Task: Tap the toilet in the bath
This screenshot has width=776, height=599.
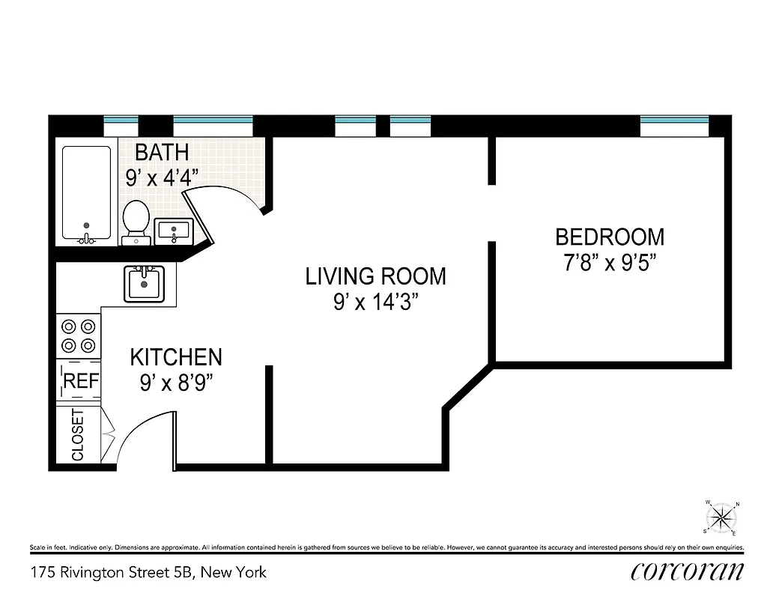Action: point(136,220)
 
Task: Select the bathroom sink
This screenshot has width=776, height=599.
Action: point(174,231)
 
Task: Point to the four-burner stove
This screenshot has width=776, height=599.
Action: point(79,335)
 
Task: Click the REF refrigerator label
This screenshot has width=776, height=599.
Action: point(80,380)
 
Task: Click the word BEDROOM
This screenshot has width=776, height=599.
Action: point(609,237)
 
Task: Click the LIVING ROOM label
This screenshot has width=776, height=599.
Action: point(375,276)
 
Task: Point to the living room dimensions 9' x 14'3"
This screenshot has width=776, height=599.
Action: point(375,303)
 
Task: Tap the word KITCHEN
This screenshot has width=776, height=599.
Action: point(176,356)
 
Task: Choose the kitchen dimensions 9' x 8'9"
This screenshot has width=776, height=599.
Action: point(176,383)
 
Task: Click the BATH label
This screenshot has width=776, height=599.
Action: point(162,153)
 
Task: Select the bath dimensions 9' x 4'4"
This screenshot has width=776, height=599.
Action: point(162,178)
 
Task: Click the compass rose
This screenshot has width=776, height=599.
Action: point(722,517)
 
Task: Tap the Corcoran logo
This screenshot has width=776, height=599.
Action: point(687,571)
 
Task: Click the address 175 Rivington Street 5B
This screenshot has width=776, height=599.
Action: point(148,573)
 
